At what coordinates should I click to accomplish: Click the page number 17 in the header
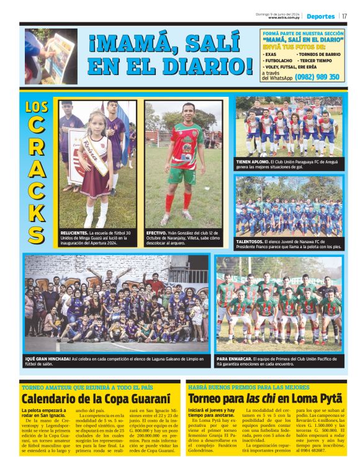click(x=344, y=17)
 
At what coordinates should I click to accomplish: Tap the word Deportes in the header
click(x=320, y=17)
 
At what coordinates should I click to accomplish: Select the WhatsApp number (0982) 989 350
click(x=317, y=77)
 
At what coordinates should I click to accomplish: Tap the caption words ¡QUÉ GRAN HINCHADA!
click(x=47, y=359)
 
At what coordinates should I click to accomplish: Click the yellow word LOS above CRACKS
click(x=37, y=106)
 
